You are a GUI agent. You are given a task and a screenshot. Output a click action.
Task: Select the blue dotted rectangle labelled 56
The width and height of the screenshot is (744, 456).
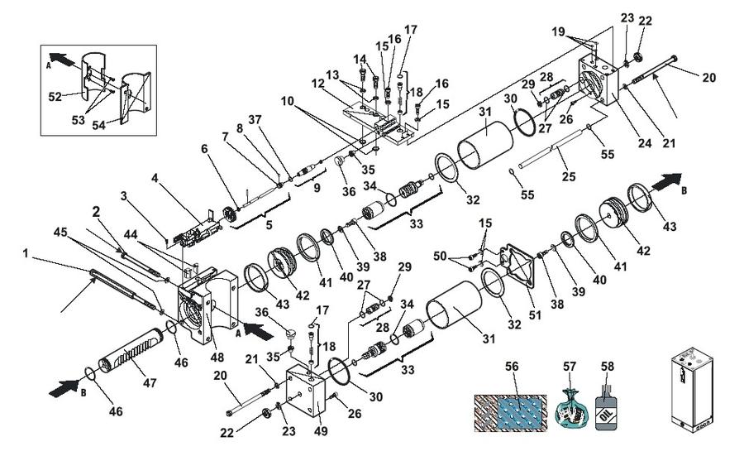pyautogui.click(x=511, y=413)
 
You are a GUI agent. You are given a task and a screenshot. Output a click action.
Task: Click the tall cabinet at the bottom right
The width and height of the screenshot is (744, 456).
pyautogui.click(x=691, y=391)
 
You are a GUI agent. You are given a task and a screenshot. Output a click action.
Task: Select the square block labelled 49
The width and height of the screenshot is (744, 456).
pyautogui.click(x=305, y=391)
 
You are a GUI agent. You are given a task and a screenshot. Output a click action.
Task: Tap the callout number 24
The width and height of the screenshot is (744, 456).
pyautogui.click(x=644, y=142)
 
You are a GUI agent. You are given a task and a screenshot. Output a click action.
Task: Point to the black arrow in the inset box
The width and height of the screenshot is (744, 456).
pyautogui.click(x=62, y=60)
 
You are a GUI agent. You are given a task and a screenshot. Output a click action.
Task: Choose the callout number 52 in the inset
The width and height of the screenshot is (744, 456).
pyautogui.click(x=55, y=97)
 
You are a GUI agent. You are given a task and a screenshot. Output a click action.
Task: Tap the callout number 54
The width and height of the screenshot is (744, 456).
pyautogui.click(x=98, y=126)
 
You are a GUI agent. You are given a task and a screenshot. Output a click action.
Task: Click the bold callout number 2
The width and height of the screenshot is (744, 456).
pyautogui.click(x=97, y=212)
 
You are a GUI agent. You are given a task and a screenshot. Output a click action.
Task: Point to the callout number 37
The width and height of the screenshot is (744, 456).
pyautogui.click(x=255, y=120)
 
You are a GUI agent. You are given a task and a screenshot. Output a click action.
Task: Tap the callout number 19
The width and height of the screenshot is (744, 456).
pyautogui.click(x=559, y=31)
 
